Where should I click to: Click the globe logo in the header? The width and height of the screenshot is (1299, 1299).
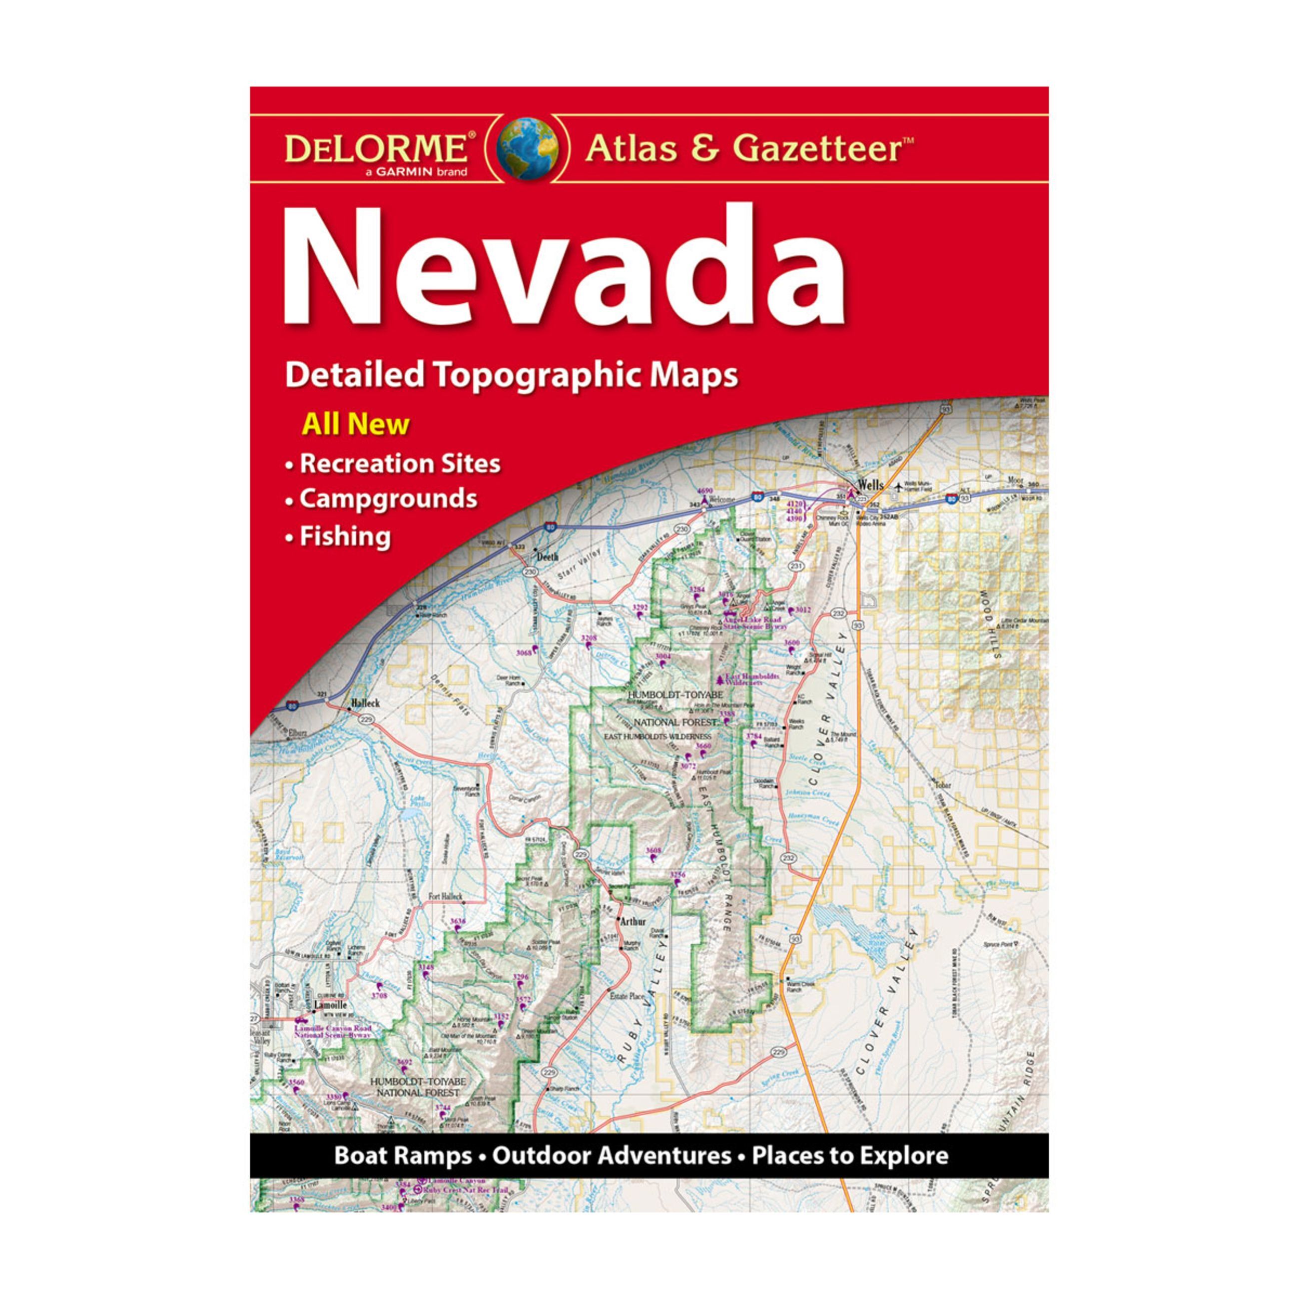tap(527, 148)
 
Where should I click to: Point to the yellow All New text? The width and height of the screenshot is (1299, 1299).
tap(356, 424)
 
